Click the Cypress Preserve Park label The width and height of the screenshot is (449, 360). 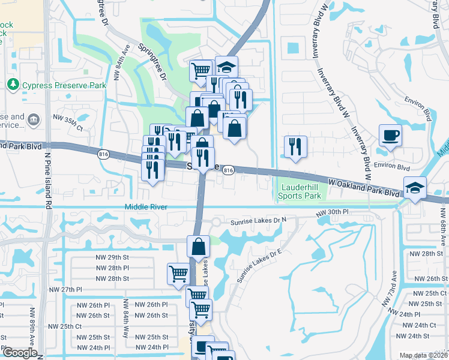(64, 85)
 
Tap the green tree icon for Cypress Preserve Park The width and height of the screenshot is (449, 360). (13, 85)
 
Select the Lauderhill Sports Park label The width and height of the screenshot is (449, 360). (301, 191)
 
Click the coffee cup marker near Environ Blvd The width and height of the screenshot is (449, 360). (390, 136)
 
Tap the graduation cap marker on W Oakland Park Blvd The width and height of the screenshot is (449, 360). (415, 188)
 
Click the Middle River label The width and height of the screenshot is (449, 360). (145, 207)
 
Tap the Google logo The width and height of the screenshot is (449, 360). (19, 353)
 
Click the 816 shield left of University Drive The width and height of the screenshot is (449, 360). (102, 154)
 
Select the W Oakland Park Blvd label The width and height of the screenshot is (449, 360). (364, 185)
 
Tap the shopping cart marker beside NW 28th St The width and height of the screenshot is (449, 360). (178, 274)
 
